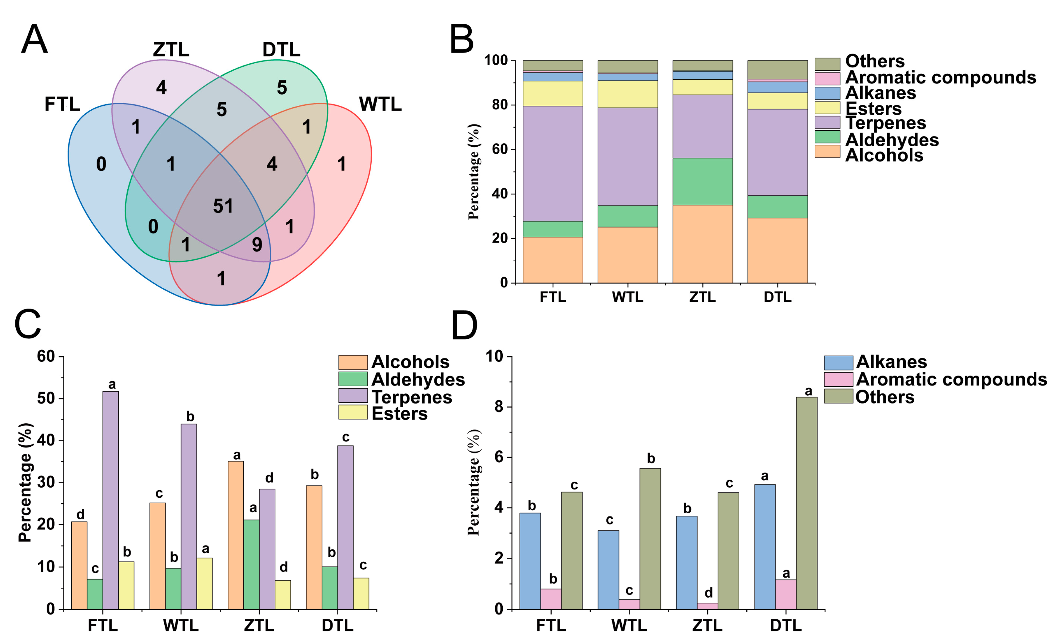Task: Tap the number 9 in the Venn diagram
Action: [257, 244]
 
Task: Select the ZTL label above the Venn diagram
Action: [171, 50]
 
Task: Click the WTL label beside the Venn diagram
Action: [380, 104]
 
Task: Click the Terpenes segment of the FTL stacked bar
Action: [553, 164]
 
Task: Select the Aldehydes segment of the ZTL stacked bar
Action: [702, 181]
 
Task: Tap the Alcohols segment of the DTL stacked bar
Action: [777, 251]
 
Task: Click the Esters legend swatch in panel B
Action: [827, 108]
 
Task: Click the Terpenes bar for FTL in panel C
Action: [110, 500]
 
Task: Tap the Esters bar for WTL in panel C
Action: [204, 583]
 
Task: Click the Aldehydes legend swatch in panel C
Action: [353, 379]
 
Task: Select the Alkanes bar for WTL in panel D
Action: [608, 570]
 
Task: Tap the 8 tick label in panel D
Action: [498, 407]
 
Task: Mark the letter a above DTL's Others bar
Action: [808, 391]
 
